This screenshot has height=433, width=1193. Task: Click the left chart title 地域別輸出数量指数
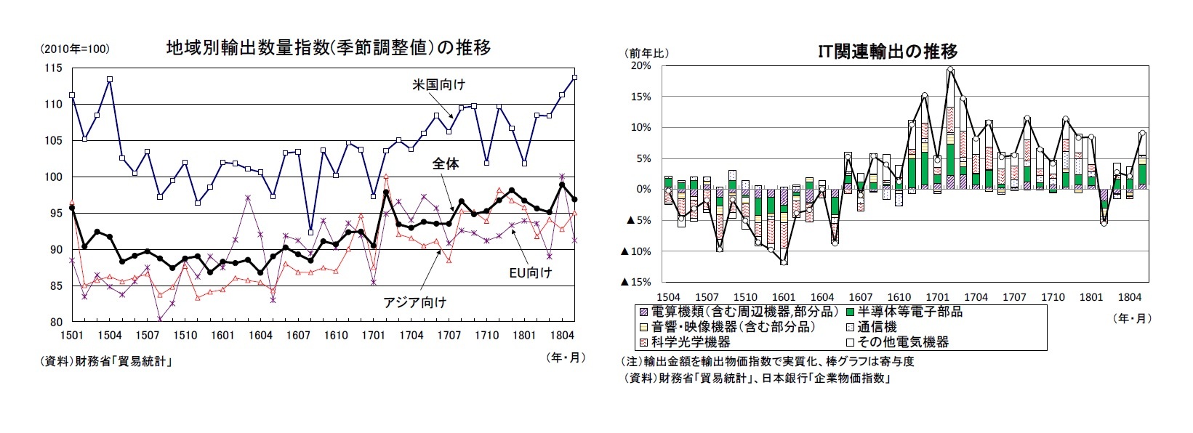pos(328,48)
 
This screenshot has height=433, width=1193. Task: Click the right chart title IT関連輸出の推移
pos(887,51)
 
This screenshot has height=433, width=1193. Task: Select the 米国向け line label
pos(438,84)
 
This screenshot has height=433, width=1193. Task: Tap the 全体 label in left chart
pos(445,164)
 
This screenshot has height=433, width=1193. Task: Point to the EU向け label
pos(530,272)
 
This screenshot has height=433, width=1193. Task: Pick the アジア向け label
pos(414,302)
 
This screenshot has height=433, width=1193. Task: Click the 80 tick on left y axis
pos(55,322)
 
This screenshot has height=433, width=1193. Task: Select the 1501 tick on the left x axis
pos(72,335)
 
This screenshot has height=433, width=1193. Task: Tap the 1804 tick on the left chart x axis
pos(563,335)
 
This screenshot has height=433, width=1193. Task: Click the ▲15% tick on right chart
pos(635,282)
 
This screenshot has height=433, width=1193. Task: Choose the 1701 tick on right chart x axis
pos(937,297)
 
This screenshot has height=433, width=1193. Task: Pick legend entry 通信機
pos(877,327)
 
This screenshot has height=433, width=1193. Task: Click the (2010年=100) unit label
pos(74,49)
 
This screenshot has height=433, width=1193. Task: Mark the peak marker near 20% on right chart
pos(950,70)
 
